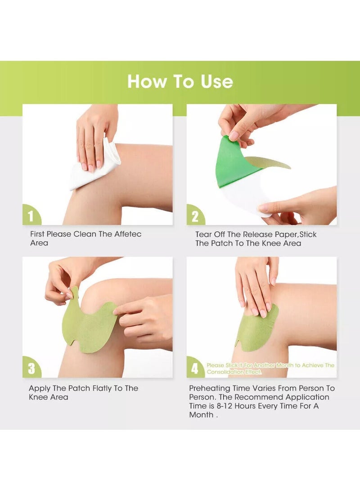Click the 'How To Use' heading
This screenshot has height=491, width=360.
180,81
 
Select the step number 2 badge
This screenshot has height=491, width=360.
195,216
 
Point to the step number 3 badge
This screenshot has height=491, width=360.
31,368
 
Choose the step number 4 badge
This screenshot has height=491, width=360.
195,368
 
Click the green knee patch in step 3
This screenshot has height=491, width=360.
89,323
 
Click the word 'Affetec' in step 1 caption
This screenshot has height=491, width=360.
128,234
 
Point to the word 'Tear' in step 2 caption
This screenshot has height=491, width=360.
203,234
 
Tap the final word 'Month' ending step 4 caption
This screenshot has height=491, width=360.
201,414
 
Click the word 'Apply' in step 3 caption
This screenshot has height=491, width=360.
40,388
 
